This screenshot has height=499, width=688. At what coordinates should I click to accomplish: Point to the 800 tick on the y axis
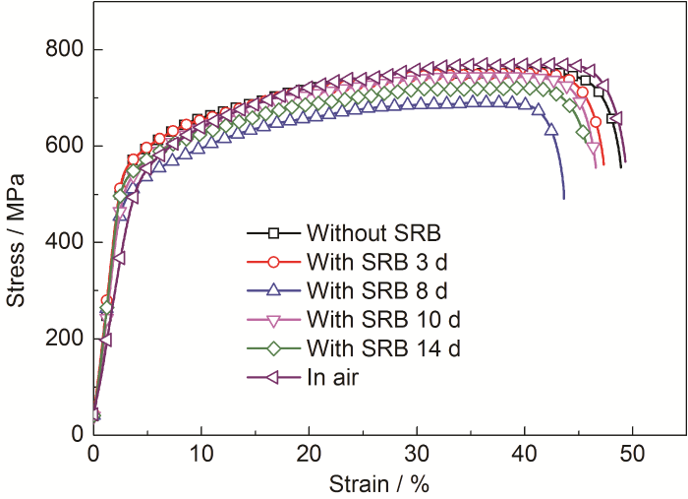click(63, 50)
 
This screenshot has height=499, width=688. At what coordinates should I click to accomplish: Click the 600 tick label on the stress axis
click(63, 147)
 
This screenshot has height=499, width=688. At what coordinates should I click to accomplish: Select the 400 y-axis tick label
click(63, 242)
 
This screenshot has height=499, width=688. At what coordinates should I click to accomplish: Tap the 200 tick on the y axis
click(63, 339)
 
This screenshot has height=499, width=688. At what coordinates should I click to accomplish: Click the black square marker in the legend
click(275, 233)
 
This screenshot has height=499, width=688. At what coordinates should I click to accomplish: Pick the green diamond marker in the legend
click(275, 347)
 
